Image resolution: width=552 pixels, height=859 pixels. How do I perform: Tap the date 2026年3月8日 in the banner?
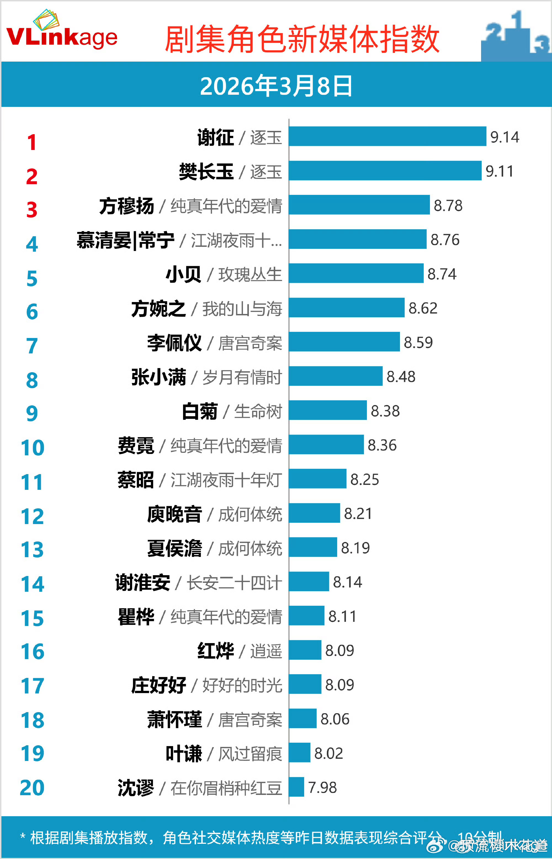(x=276, y=86)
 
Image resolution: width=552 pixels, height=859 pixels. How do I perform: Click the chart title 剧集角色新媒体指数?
(x=302, y=39)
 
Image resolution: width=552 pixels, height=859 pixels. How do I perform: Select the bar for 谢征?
(x=387, y=136)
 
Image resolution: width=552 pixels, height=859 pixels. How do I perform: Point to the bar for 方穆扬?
(x=359, y=205)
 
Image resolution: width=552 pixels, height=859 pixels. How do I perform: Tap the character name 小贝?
(x=184, y=275)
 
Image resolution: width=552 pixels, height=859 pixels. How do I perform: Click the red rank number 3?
(x=32, y=210)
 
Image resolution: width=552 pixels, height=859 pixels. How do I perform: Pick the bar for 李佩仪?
(x=344, y=342)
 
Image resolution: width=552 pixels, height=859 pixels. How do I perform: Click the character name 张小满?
(x=159, y=377)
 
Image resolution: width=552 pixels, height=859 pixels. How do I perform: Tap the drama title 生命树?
(x=258, y=411)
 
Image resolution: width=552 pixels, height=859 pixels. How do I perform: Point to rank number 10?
(x=32, y=447)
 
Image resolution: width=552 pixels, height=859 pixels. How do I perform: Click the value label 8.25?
(x=365, y=479)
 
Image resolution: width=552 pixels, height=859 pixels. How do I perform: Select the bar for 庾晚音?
(x=314, y=513)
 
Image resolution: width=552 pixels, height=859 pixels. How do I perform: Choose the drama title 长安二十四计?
(x=234, y=583)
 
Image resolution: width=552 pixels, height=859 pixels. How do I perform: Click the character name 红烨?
(x=216, y=651)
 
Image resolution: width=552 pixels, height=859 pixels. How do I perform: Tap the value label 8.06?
(x=335, y=719)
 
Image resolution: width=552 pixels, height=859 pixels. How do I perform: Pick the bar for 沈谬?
(x=296, y=787)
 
